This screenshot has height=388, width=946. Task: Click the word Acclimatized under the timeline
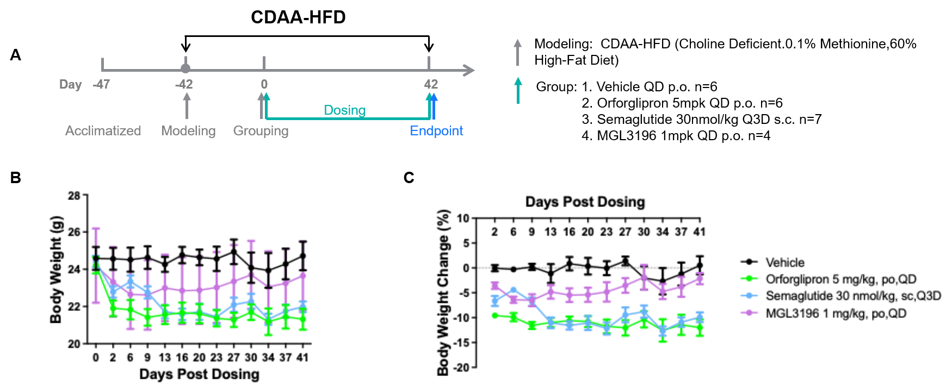coord(103,131)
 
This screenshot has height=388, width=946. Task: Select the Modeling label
coord(188,131)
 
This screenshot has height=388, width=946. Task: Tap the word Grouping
coord(261,131)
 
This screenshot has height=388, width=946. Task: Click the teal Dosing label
coord(344,110)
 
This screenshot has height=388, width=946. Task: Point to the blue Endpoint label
coord(436,131)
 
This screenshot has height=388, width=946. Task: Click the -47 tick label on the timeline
coord(102,84)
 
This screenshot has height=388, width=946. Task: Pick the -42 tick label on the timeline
coord(184,84)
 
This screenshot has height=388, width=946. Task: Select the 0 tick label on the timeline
coord(264,84)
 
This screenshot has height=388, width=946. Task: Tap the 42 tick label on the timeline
coord(431,84)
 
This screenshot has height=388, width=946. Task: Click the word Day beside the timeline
coord(71,84)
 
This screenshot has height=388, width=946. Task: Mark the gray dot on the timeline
coord(186,68)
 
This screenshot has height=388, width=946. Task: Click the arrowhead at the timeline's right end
coord(469,70)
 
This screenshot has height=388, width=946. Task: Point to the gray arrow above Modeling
coord(187,105)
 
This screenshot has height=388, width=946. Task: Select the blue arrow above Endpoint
coord(434,105)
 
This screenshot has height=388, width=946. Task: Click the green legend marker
coord(749,278)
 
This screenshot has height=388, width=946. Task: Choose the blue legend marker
coord(749,295)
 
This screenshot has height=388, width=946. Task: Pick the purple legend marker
coord(749,312)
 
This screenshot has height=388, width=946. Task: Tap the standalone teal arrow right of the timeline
coord(518,90)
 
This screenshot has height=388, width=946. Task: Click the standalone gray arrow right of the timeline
coord(517,52)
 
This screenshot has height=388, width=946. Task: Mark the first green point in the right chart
coord(494,315)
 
